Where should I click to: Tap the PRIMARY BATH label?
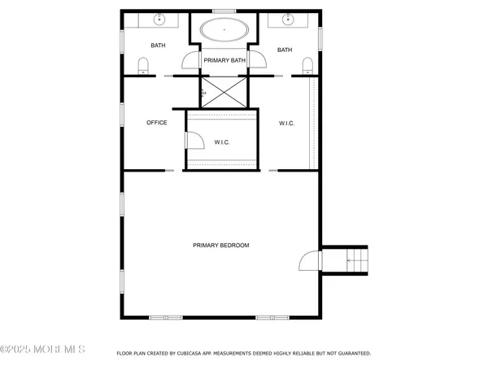coord(224,60)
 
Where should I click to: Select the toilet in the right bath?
coord(307,66)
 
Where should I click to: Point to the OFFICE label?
coord(156,123)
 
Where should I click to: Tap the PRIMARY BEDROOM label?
coord(220,246)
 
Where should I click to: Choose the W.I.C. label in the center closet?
coord(222,142)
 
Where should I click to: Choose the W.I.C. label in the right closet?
coord(286,123)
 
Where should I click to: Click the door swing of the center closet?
coord(195,142)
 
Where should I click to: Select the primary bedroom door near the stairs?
coord(310,260)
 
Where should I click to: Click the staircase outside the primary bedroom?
coord(355,260)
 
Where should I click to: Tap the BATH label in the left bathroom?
coord(158,46)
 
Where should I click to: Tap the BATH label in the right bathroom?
coord(285,50)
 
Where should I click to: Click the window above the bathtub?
coord(224,11)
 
